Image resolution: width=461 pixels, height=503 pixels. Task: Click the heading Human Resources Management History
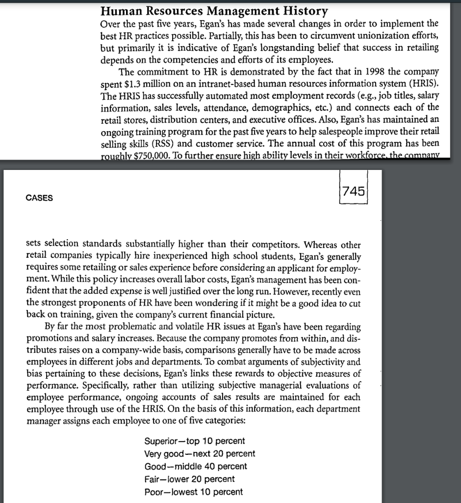214,10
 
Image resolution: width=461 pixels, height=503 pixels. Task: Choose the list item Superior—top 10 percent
195,441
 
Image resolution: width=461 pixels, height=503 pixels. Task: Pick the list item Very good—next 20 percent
200,453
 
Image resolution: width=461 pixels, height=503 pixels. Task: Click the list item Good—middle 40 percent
196,466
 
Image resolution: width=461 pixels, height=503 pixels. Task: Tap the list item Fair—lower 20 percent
189,479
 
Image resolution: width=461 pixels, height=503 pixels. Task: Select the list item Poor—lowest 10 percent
193,492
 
